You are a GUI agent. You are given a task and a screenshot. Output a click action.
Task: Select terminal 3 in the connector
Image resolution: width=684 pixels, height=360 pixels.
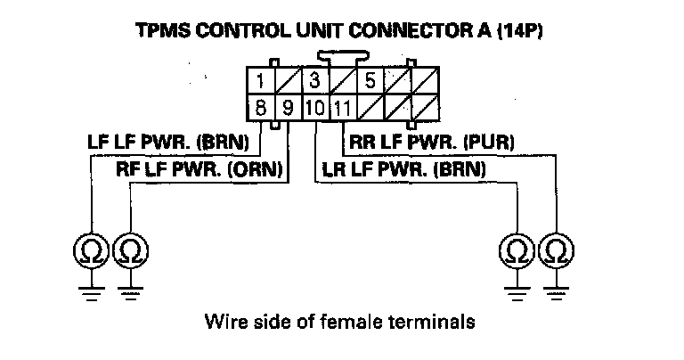click(x=314, y=83)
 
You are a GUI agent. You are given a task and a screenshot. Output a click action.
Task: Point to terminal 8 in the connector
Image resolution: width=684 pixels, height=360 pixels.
click(x=261, y=110)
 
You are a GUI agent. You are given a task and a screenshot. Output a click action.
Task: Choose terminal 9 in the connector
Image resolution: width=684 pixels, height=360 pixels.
click(x=288, y=110)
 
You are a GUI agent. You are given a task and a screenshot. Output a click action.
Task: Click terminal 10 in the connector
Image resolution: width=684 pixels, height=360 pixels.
click(x=314, y=110)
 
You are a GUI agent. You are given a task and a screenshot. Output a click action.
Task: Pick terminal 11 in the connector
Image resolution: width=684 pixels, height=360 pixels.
click(x=341, y=110)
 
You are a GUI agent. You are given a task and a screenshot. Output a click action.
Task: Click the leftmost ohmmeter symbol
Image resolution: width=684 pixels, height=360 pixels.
click(x=90, y=246)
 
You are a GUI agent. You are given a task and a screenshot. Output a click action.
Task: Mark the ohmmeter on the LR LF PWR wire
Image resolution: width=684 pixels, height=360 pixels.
click(x=516, y=246)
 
